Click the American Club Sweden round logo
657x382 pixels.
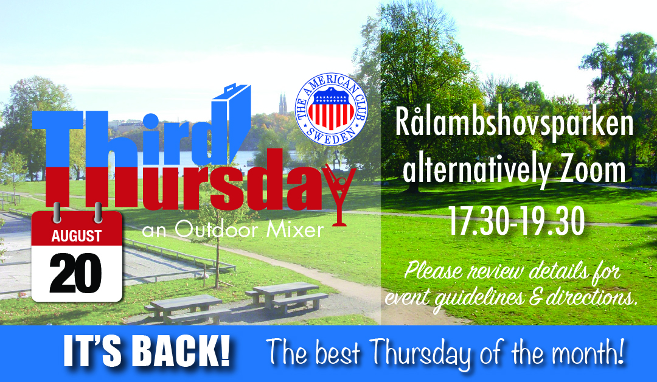click(x=331, y=109)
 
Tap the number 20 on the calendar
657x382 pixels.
click(x=76, y=273)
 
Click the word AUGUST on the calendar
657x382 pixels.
click(x=76, y=236)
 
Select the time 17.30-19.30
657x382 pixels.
click(x=516, y=221)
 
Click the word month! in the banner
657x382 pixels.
click(x=588, y=353)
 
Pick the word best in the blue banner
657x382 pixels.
click(x=337, y=353)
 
